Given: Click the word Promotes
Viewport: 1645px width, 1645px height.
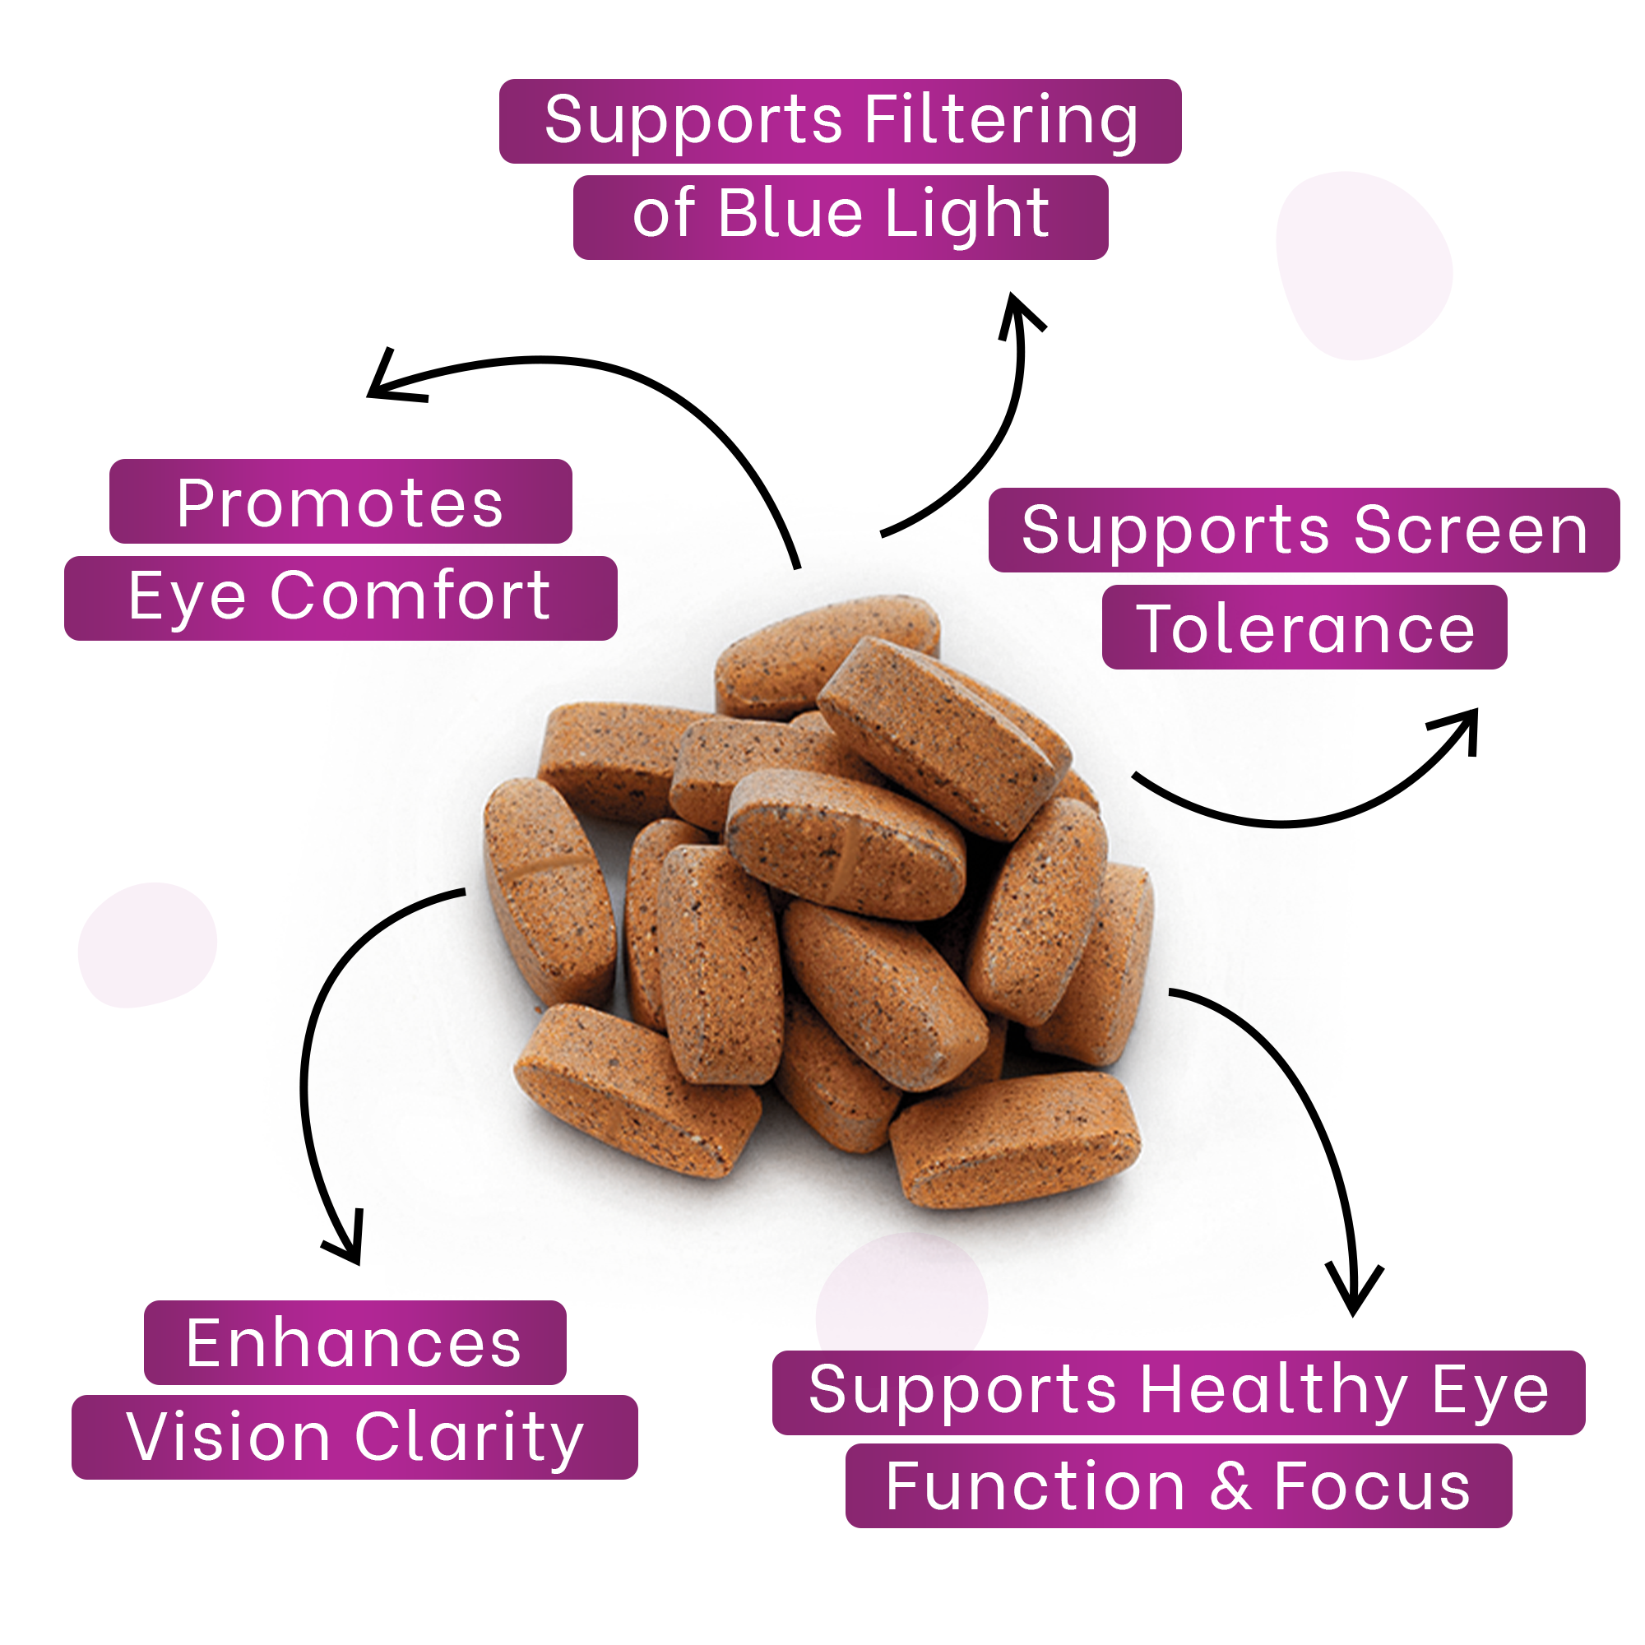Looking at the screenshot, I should tap(340, 503).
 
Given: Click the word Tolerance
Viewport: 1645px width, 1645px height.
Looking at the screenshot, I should tap(1304, 629).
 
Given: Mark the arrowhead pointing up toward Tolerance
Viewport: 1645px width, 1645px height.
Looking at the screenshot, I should tap(1462, 724).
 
